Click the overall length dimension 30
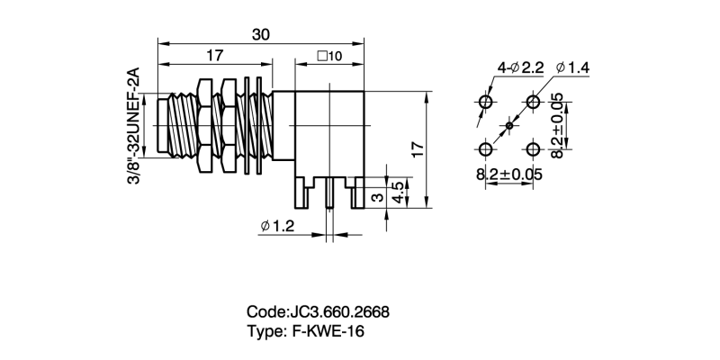coord(261,34)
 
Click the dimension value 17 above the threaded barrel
coord(214,56)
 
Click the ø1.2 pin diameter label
coord(277,227)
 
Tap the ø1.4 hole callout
coord(572,67)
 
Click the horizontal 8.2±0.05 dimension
coord(509,175)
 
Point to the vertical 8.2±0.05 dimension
coord(557,126)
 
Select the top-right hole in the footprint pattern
coord(533,102)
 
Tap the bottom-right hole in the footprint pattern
coord(533,148)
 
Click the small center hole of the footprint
coord(509,125)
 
